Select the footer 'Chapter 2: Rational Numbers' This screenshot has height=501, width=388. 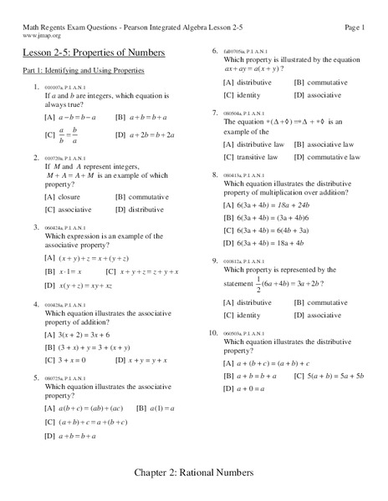[x=194, y=473]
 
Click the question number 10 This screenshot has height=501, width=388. [x=216, y=332]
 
